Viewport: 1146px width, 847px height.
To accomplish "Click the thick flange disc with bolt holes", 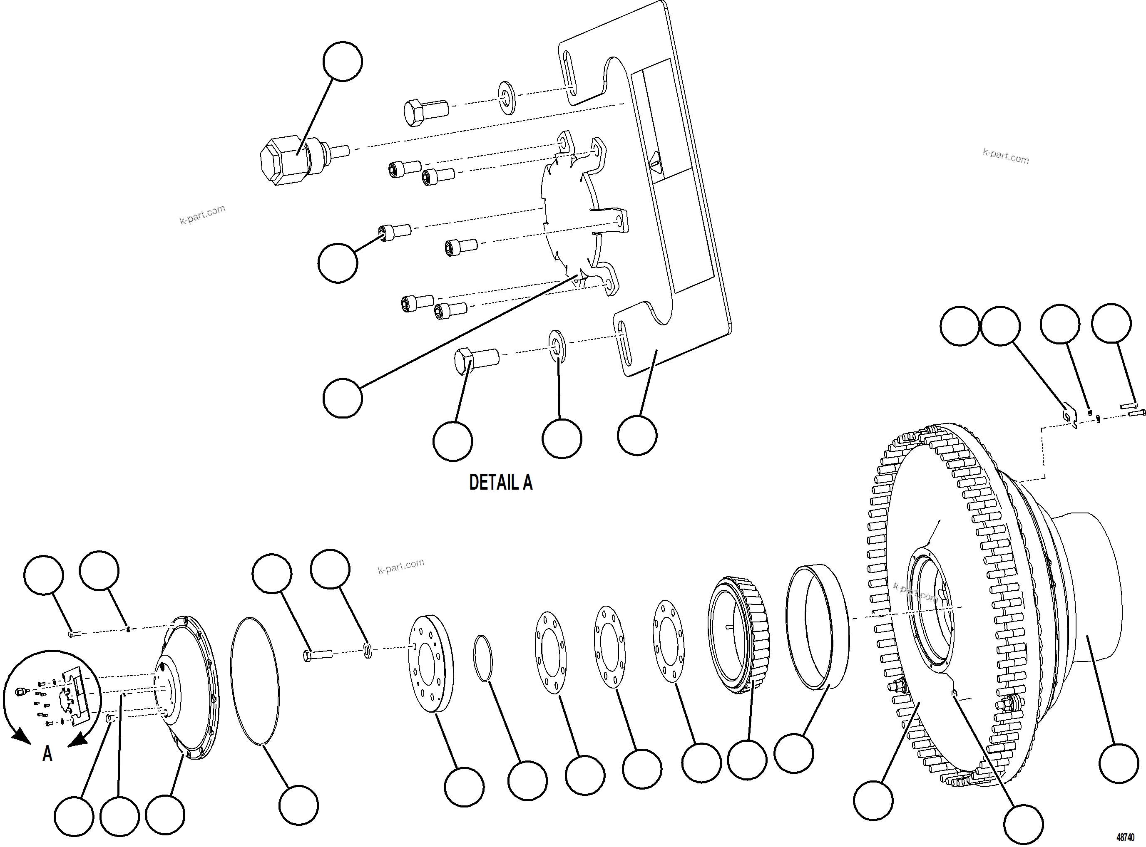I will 431,664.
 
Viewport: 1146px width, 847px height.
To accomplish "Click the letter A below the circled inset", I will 47,754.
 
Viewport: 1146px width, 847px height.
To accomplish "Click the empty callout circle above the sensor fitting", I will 343,62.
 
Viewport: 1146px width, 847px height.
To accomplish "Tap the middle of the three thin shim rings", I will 609,648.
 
